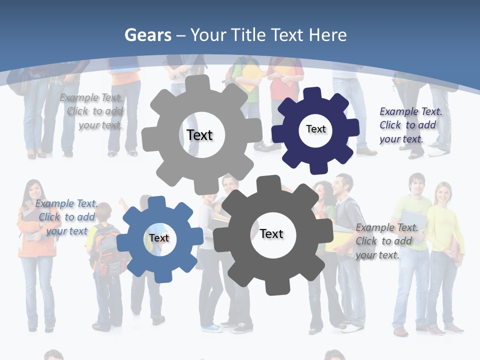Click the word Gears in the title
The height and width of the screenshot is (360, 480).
coord(147,35)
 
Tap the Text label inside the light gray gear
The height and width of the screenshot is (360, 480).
coord(199,135)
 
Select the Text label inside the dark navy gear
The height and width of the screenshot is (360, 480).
coord(315,129)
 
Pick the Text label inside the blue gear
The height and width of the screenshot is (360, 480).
coord(159,238)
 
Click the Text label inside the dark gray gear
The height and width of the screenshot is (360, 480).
coord(271,233)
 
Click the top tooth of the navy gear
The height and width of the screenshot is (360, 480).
coord(312,94)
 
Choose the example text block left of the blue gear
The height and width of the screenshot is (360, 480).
coord(66,217)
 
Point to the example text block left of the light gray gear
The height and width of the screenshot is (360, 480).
coord(92,111)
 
